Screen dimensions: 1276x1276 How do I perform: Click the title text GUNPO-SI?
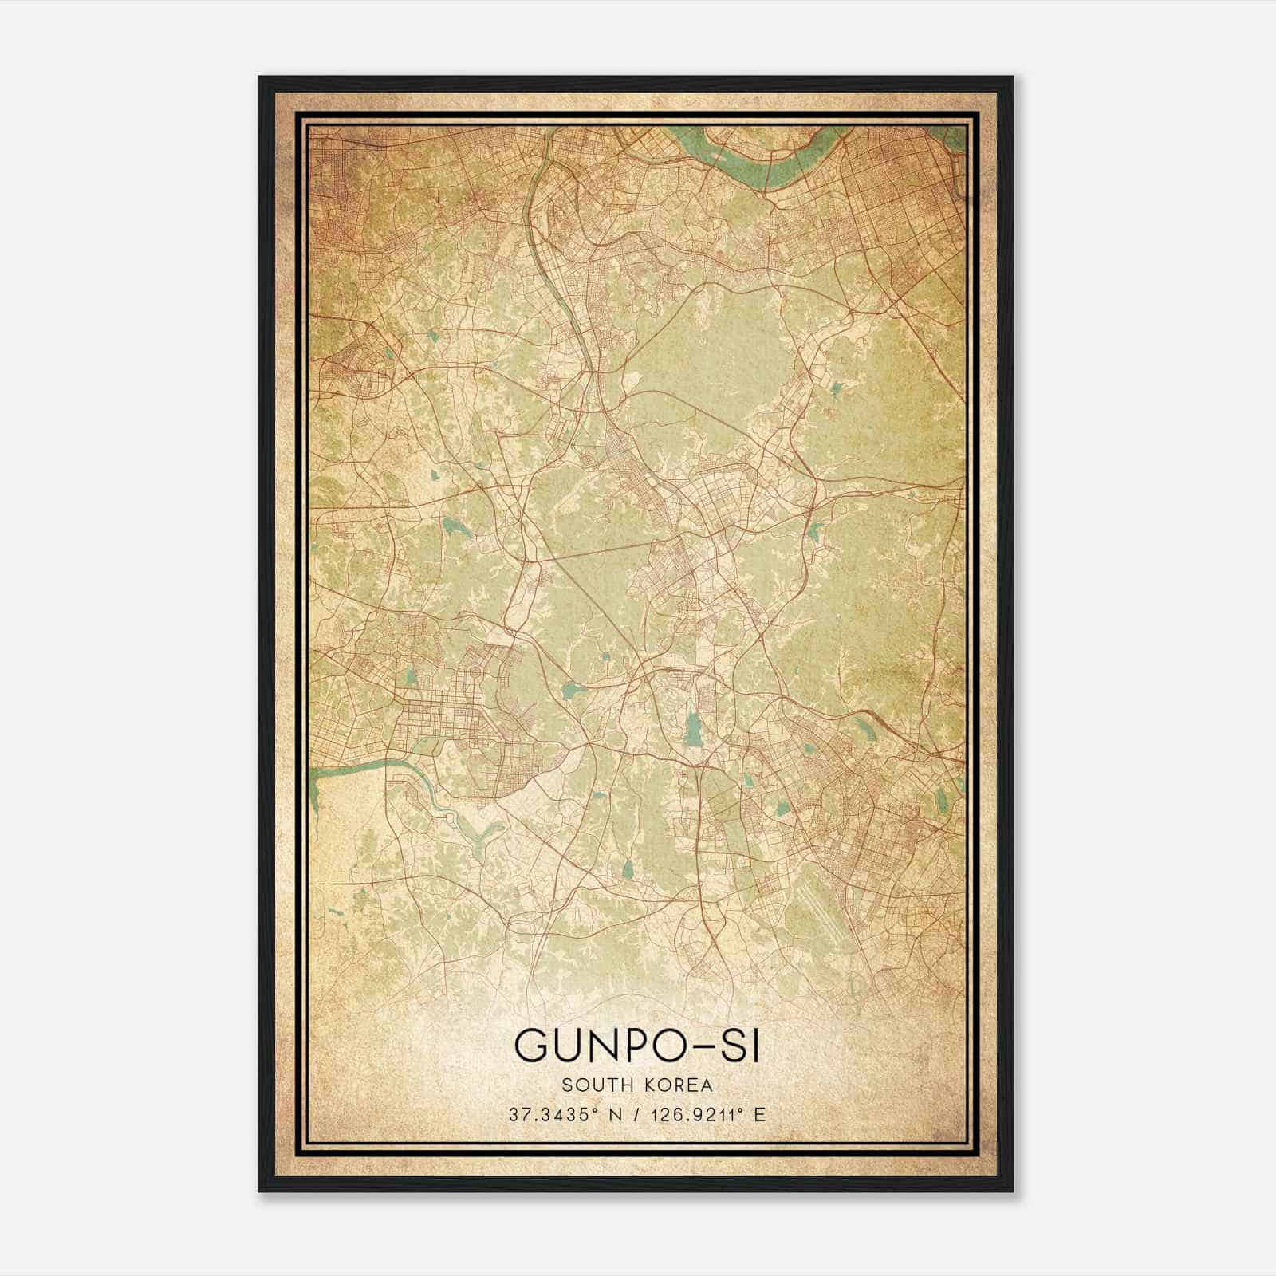pyautogui.click(x=636, y=1046)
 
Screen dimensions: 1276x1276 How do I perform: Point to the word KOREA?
pyautogui.click(x=675, y=1085)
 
